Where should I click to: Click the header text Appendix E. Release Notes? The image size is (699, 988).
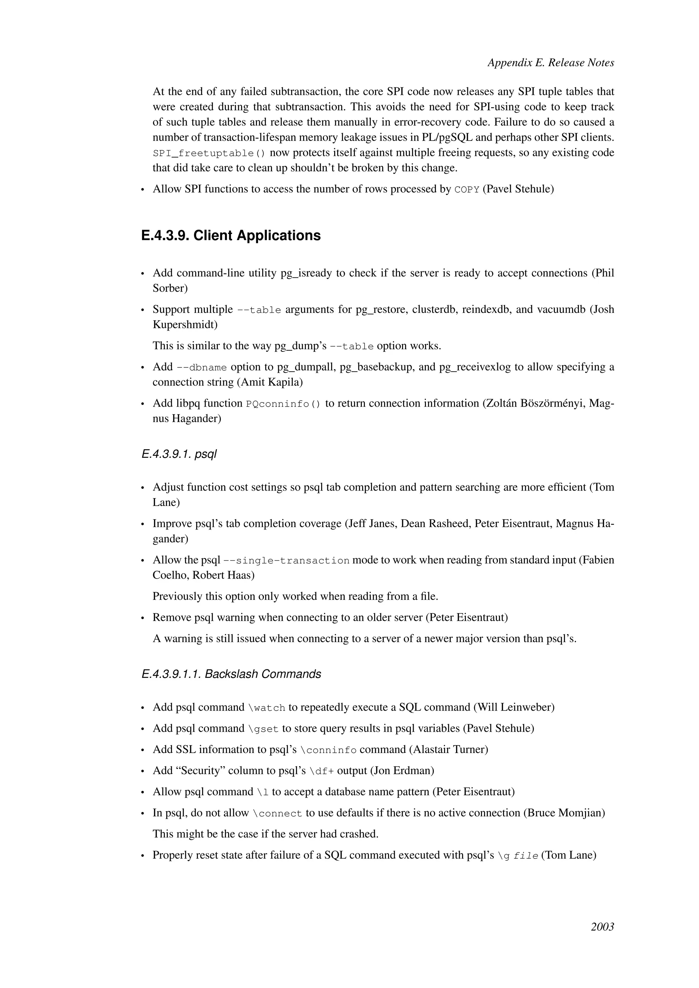(551, 63)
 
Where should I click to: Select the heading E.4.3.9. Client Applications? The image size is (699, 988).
(231, 235)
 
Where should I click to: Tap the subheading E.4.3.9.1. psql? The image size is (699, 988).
(179, 454)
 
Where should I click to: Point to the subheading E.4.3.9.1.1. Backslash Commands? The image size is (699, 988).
(231, 673)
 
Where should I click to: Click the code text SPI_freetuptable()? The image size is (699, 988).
(209, 153)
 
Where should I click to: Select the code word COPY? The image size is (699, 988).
(467, 190)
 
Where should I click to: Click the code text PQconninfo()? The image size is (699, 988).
(283, 404)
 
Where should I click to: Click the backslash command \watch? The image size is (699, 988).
(267, 708)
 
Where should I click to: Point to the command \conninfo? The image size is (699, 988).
(328, 750)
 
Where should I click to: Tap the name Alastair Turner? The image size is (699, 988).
(448, 750)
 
